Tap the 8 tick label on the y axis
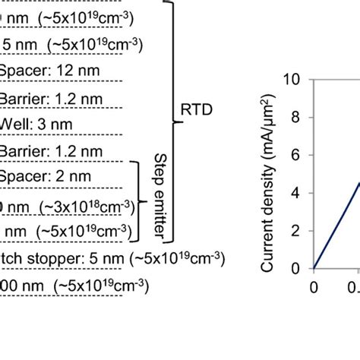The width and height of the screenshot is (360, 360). pos(297,117)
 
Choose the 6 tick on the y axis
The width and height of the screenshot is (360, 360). pos(297,155)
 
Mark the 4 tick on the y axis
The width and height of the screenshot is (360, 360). pos(297,193)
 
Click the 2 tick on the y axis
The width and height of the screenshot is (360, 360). pos(297,231)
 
